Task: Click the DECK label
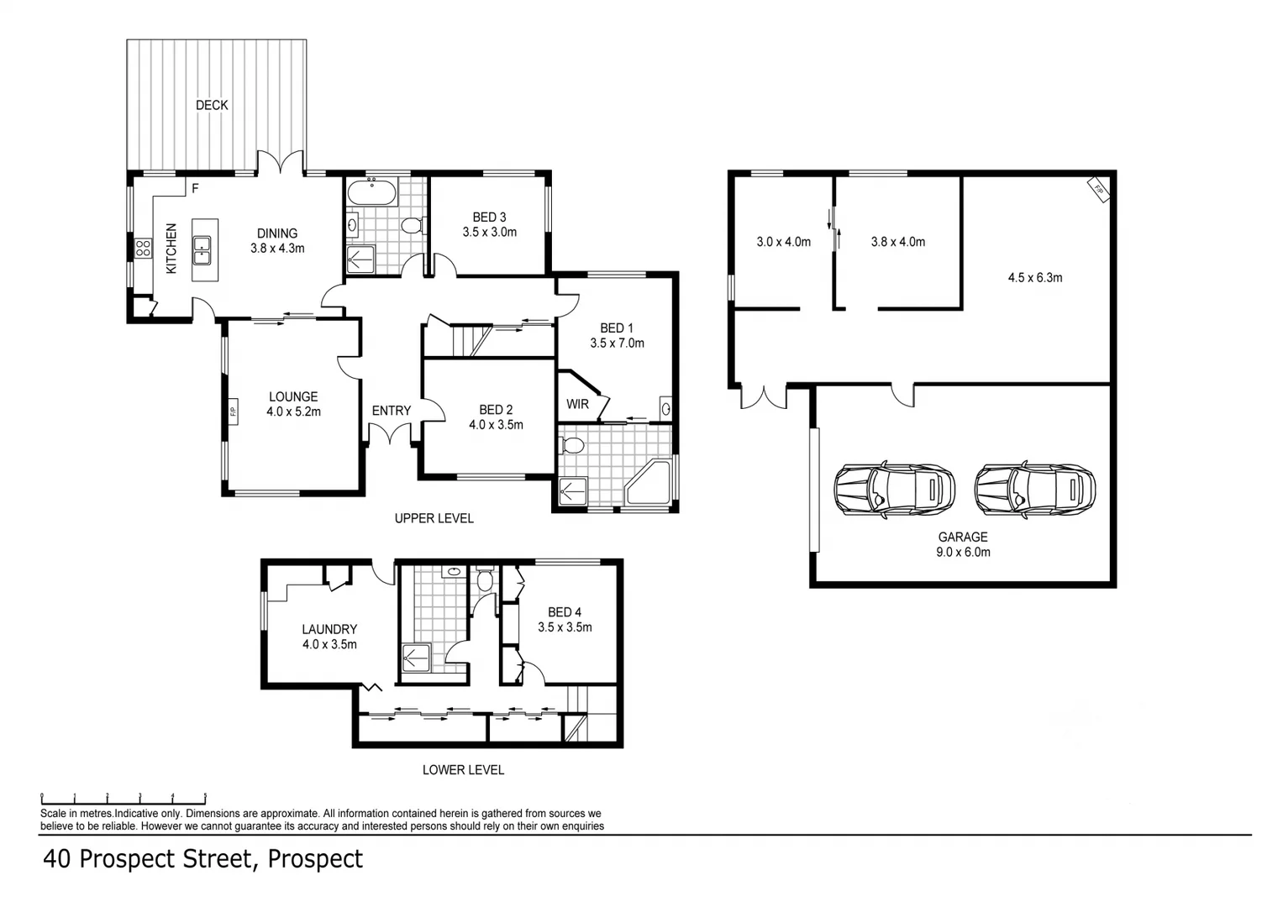pyautogui.click(x=212, y=105)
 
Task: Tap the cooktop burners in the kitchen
pyautogui.click(x=143, y=248)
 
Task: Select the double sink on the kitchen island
pyautogui.click(x=202, y=250)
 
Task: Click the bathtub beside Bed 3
pyautogui.click(x=371, y=191)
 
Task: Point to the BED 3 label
pyautogui.click(x=489, y=217)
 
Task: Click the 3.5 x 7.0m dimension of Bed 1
pyautogui.click(x=617, y=343)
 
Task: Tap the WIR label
pyautogui.click(x=577, y=404)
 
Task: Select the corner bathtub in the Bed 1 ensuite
pyautogui.click(x=648, y=483)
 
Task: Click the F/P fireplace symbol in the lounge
pyautogui.click(x=233, y=412)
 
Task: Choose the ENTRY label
pyautogui.click(x=392, y=411)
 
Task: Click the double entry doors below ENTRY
pyautogui.click(x=390, y=433)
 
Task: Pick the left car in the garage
pyautogui.click(x=894, y=490)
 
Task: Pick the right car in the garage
pyautogui.click(x=1035, y=490)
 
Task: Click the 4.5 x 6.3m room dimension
pyautogui.click(x=1035, y=278)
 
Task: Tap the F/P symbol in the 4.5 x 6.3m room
pyautogui.click(x=1098, y=190)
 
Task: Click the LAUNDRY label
pyautogui.click(x=329, y=629)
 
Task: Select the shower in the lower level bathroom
pyautogui.click(x=417, y=658)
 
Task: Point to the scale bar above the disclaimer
pyautogui.click(x=124, y=799)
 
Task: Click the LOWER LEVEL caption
pyautogui.click(x=463, y=770)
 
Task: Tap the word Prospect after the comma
pyautogui.click(x=315, y=859)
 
